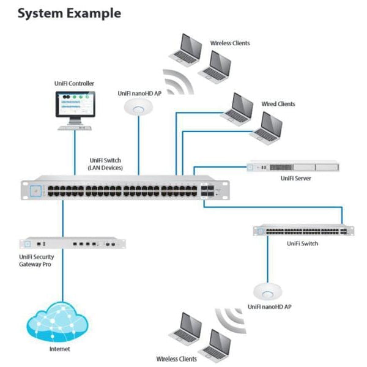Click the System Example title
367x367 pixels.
[69, 13]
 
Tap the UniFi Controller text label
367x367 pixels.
[74, 83]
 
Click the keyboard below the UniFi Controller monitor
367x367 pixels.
[74, 127]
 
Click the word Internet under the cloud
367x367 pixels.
[59, 349]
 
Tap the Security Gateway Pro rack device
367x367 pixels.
[73, 243]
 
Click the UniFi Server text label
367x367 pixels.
[297, 179]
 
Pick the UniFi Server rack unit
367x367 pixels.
[292, 166]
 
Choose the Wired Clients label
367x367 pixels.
[278, 104]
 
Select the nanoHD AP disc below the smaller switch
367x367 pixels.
[267, 290]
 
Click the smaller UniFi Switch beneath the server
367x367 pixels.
[301, 231]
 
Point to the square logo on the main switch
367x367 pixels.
[35, 191]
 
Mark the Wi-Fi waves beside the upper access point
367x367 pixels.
[176, 85]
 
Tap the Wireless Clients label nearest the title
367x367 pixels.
[230, 43]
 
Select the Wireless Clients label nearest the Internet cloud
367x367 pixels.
[177, 359]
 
